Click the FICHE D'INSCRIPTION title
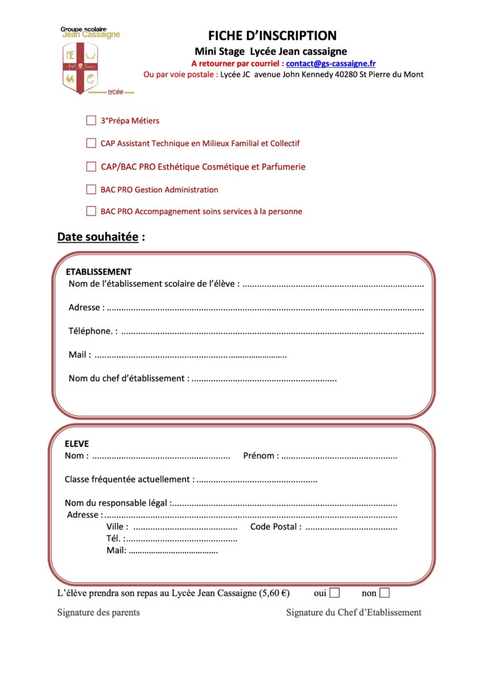272,36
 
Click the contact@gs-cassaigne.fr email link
331,63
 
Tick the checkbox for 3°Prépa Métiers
91,120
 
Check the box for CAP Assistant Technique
91,143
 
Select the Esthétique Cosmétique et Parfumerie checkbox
91,167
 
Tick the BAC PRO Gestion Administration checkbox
91,189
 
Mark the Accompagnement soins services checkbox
91,212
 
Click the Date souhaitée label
98,237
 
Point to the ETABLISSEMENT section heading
99,272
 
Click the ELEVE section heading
77,444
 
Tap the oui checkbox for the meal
335,593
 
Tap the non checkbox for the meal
385,593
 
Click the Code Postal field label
276,527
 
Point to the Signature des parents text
98,612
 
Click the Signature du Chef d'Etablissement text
354,612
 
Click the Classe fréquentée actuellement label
129,480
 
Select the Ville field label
117,527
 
